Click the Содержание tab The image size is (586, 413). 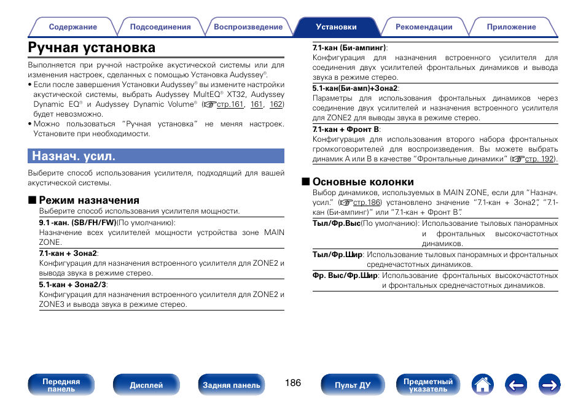pos(72,27)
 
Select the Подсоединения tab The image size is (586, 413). pos(160,27)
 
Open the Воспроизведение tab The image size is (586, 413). pos(248,27)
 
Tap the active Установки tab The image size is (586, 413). pos(336,27)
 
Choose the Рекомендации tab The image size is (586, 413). pos(424,27)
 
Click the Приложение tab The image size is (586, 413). pos(511,27)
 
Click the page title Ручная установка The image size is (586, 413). pos(92,48)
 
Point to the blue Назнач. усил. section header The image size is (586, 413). pos(156,156)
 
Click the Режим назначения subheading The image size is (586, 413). pos(89,200)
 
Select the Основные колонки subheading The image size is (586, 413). pos(362,182)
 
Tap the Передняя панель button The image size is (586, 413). pos(61,385)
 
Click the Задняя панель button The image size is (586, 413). pos(232,385)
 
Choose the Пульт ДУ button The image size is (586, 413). pos(353,385)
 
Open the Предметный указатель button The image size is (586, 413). pos(428,385)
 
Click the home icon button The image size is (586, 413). pos(483,385)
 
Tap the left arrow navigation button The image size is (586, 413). pos(517,385)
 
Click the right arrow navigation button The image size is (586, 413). pos(550,385)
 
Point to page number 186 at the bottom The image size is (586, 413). pos(293,383)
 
